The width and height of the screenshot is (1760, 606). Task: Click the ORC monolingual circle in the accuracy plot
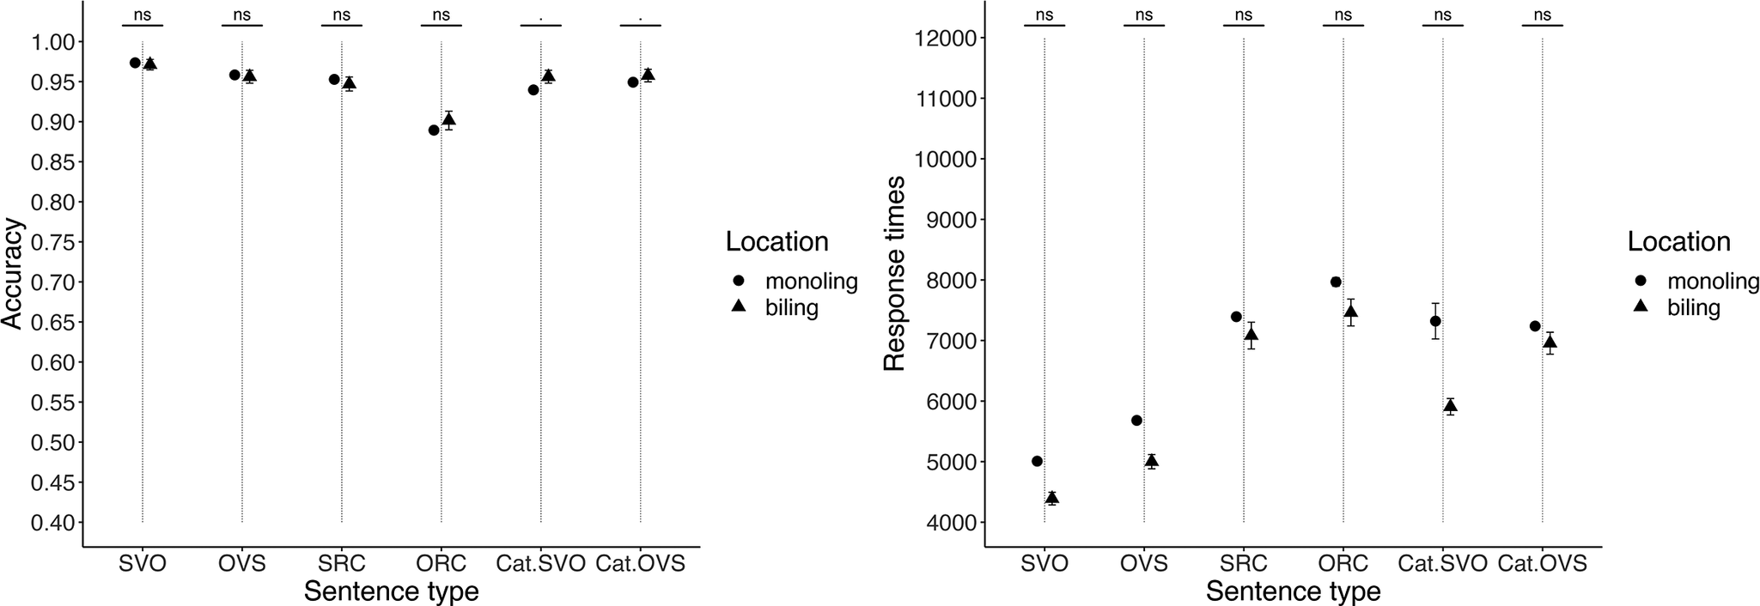click(434, 130)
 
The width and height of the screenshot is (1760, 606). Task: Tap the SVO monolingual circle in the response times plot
click(1037, 461)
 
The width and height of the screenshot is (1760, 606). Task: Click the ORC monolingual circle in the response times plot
click(1336, 282)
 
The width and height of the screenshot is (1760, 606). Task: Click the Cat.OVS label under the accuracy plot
click(640, 564)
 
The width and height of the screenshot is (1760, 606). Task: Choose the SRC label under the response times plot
click(1243, 564)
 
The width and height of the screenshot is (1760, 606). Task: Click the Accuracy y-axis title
click(12, 273)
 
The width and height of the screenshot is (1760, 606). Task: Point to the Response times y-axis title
click(895, 273)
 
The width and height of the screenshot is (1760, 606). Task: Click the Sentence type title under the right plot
click(1293, 591)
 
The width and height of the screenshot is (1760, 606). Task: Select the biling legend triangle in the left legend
click(738, 306)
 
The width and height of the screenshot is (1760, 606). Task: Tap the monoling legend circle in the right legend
click(1640, 281)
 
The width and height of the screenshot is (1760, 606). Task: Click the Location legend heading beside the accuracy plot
click(776, 242)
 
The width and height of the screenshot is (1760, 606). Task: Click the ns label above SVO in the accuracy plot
click(142, 15)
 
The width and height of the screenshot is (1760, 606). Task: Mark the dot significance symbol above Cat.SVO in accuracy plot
click(540, 16)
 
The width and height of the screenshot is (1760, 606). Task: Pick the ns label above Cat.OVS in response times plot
click(1542, 15)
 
